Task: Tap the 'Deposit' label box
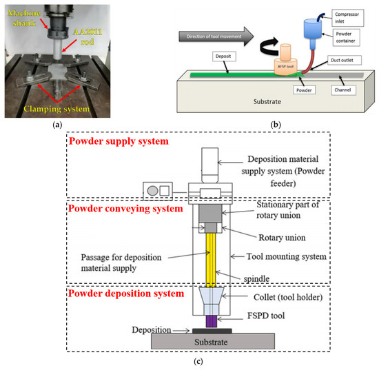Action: pos(201,62)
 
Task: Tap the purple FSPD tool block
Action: pos(209,320)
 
